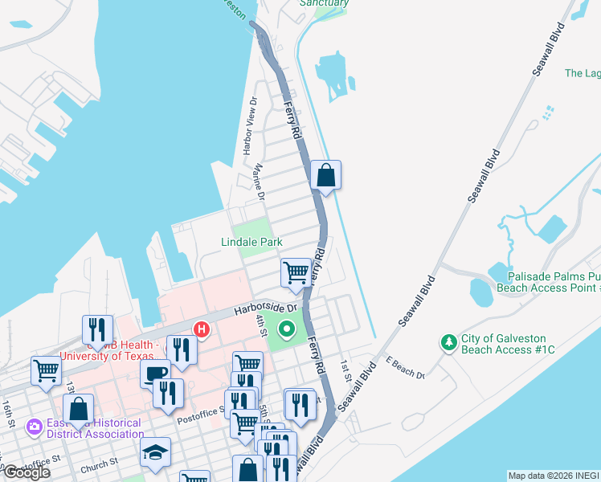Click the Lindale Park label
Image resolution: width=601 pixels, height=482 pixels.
click(x=252, y=242)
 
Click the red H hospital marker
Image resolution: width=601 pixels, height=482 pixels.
click(x=202, y=329)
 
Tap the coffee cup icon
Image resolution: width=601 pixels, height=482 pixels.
click(x=154, y=374)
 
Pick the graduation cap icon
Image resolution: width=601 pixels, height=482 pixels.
click(x=155, y=452)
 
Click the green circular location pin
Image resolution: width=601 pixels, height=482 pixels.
click(x=288, y=329)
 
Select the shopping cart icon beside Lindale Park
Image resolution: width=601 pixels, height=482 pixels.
click(x=296, y=272)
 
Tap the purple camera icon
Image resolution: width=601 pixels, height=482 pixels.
click(x=35, y=426)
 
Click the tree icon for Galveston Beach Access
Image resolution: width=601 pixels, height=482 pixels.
click(x=448, y=343)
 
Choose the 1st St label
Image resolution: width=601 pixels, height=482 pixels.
click(x=346, y=369)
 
